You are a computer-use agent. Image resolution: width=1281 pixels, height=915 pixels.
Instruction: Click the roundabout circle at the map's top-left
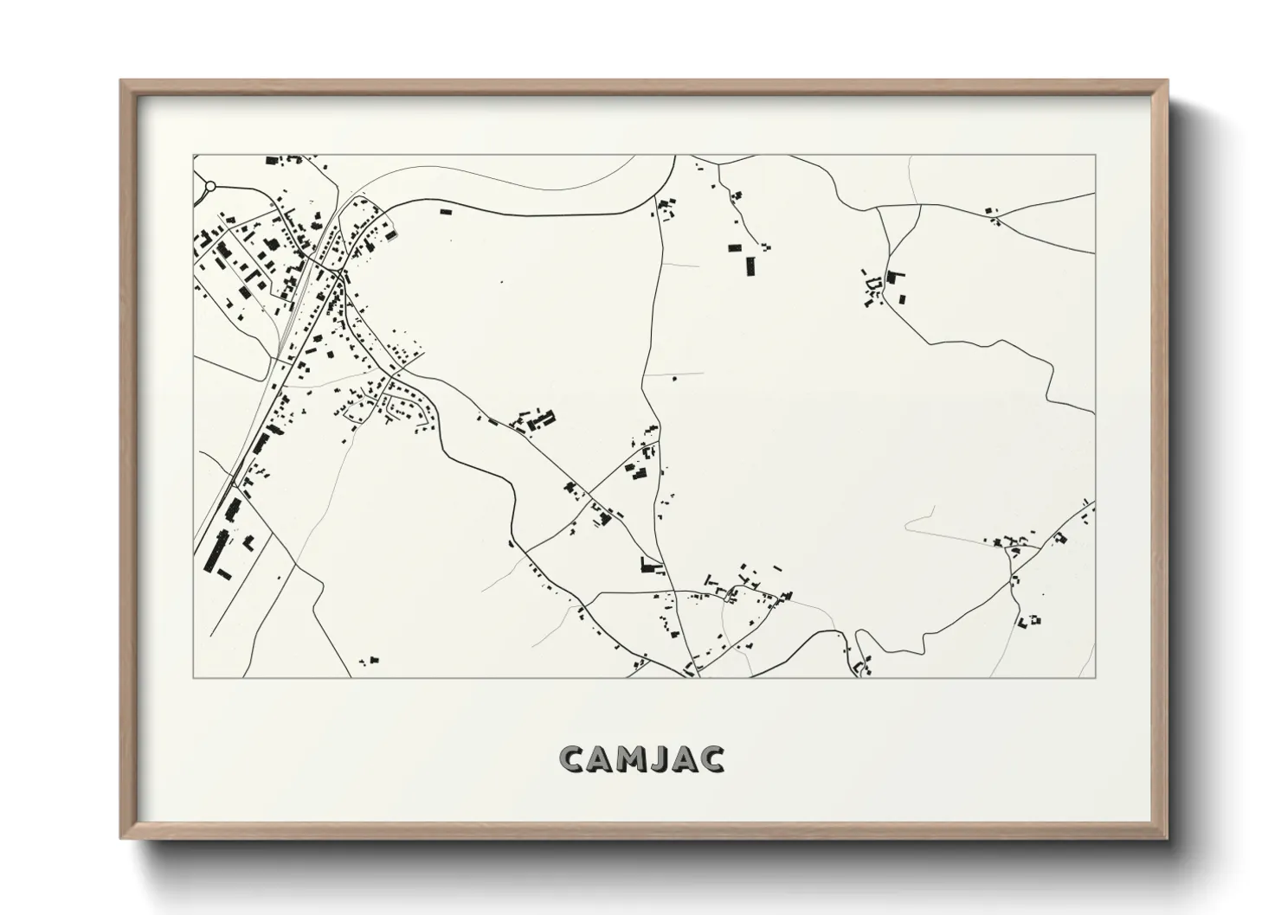point(209,186)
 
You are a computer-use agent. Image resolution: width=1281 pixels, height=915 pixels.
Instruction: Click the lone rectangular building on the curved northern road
point(447,210)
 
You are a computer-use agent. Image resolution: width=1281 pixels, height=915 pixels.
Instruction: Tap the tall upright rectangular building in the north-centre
point(750,265)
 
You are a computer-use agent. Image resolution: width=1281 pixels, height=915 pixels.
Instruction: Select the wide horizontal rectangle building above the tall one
point(735,247)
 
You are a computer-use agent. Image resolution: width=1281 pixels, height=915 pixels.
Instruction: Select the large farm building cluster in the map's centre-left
point(538,422)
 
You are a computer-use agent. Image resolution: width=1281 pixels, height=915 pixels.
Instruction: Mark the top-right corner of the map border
point(1095,156)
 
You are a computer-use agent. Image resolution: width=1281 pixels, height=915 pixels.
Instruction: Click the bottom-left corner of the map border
point(193,677)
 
